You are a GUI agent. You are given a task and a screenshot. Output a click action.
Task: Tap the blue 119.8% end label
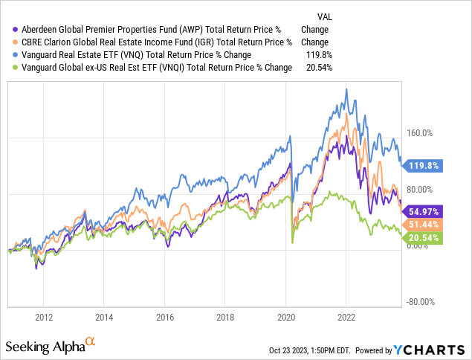425,166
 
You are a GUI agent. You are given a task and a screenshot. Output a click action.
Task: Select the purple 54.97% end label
425,210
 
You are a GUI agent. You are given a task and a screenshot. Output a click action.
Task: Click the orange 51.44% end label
425,224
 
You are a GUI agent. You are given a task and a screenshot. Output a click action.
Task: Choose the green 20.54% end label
425,237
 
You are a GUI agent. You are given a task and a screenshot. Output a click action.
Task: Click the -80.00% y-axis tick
419,302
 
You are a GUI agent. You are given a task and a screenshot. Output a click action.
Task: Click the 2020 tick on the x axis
285,315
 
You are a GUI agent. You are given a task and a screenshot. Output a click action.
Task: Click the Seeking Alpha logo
51,347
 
